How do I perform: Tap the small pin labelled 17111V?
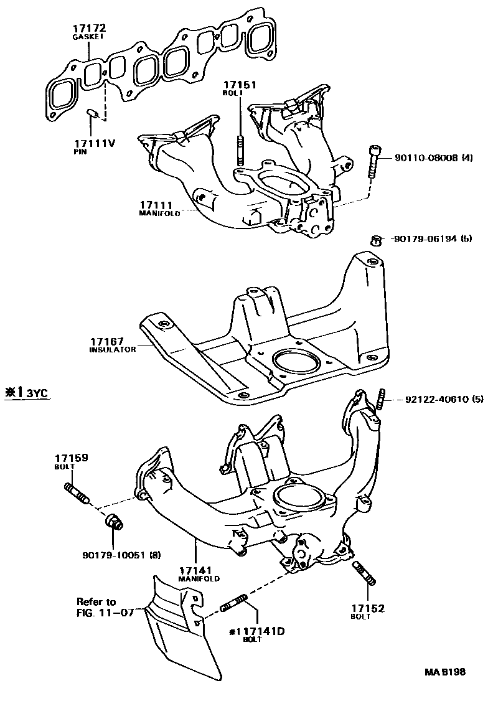point(91,113)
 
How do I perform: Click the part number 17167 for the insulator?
point(108,341)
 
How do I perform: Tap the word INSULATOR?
point(112,350)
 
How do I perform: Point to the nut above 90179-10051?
point(114,521)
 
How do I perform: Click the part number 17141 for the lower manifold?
point(196,570)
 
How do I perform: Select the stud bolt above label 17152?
point(364,573)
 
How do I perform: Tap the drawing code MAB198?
point(444,673)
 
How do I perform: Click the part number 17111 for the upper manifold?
point(156,205)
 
